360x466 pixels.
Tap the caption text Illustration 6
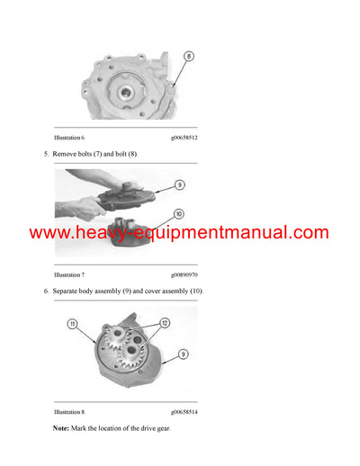(x=69, y=138)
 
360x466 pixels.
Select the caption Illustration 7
(x=69, y=274)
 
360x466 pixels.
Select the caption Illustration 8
(x=69, y=411)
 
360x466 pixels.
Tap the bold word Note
(x=61, y=428)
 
